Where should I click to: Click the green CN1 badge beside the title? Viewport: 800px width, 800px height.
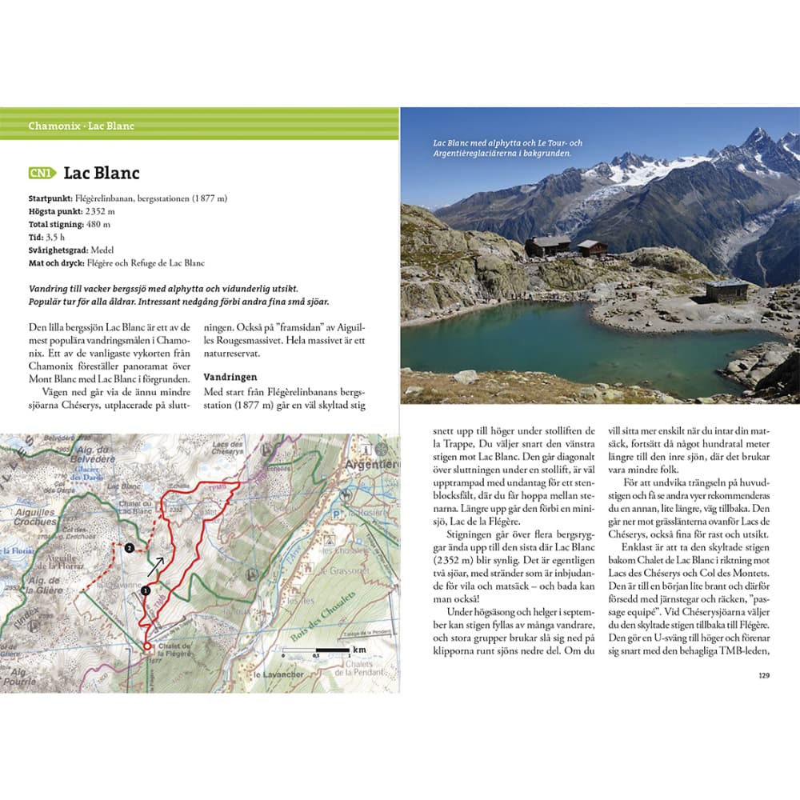pyautogui.click(x=42, y=173)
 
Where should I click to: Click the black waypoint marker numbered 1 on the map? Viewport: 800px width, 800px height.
pyautogui.click(x=145, y=590)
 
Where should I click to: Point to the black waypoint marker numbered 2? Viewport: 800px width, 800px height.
pyautogui.click(x=129, y=548)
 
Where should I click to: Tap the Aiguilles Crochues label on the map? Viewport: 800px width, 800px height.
pyautogui.click(x=37, y=517)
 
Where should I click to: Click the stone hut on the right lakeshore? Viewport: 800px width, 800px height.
pyautogui.click(x=726, y=290)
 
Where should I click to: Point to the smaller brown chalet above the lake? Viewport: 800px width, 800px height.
pyautogui.click(x=592, y=248)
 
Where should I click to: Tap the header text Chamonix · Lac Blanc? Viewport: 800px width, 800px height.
pyautogui.click(x=81, y=126)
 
